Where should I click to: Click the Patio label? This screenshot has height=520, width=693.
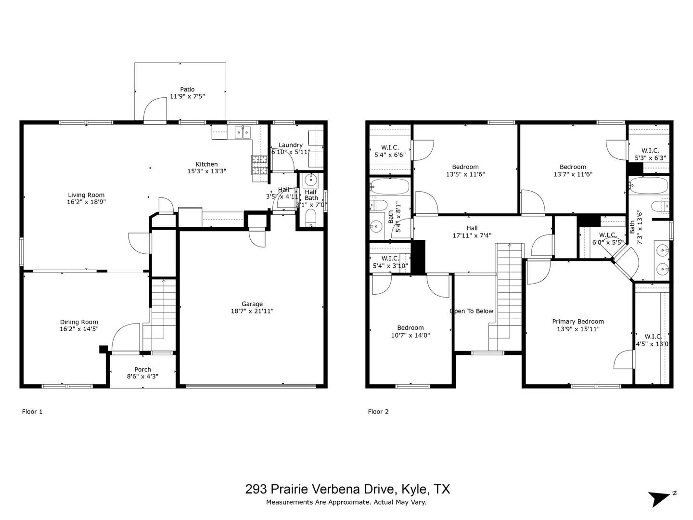click(187, 90)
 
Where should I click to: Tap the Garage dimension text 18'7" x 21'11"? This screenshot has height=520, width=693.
click(252, 311)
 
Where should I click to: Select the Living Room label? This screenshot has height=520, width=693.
click(86, 195)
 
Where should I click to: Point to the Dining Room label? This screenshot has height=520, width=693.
click(79, 322)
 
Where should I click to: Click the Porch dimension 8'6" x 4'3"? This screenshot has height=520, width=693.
click(142, 377)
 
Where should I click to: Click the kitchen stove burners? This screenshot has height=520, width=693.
click(258, 165)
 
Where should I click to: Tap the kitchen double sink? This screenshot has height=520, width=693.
click(243, 131)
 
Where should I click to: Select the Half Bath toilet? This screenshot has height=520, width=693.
click(311, 218)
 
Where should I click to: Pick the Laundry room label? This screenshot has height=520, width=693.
click(290, 145)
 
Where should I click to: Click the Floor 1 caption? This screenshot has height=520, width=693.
click(32, 412)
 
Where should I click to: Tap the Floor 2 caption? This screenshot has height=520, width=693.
click(378, 412)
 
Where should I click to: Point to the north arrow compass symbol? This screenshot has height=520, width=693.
click(660, 498)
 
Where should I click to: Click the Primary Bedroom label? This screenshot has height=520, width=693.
click(577, 322)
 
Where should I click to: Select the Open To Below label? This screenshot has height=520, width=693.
click(472, 311)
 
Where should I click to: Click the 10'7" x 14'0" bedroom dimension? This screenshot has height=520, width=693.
click(410, 335)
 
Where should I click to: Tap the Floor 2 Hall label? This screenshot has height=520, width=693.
click(472, 228)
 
